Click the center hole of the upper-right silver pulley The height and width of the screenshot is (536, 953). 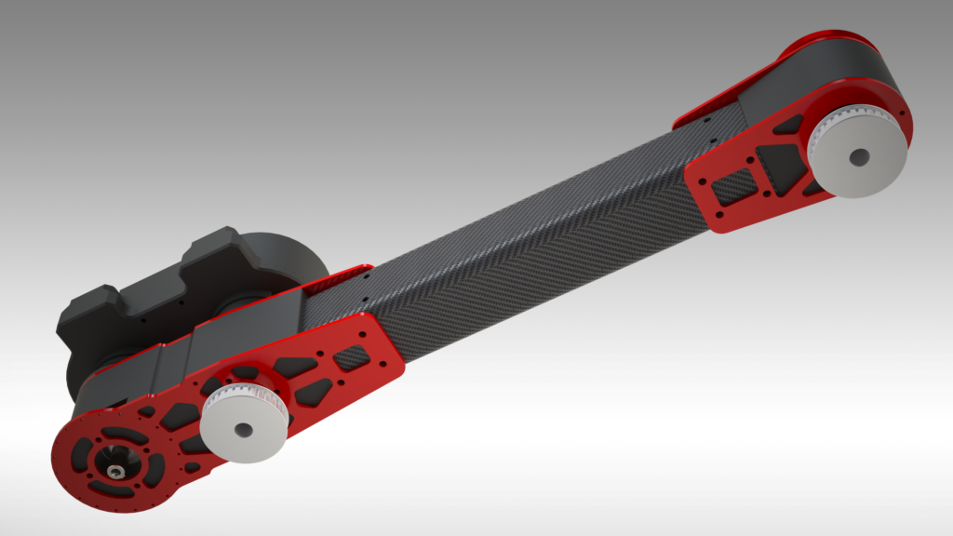858,157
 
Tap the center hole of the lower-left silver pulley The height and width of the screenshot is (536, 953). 243,429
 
